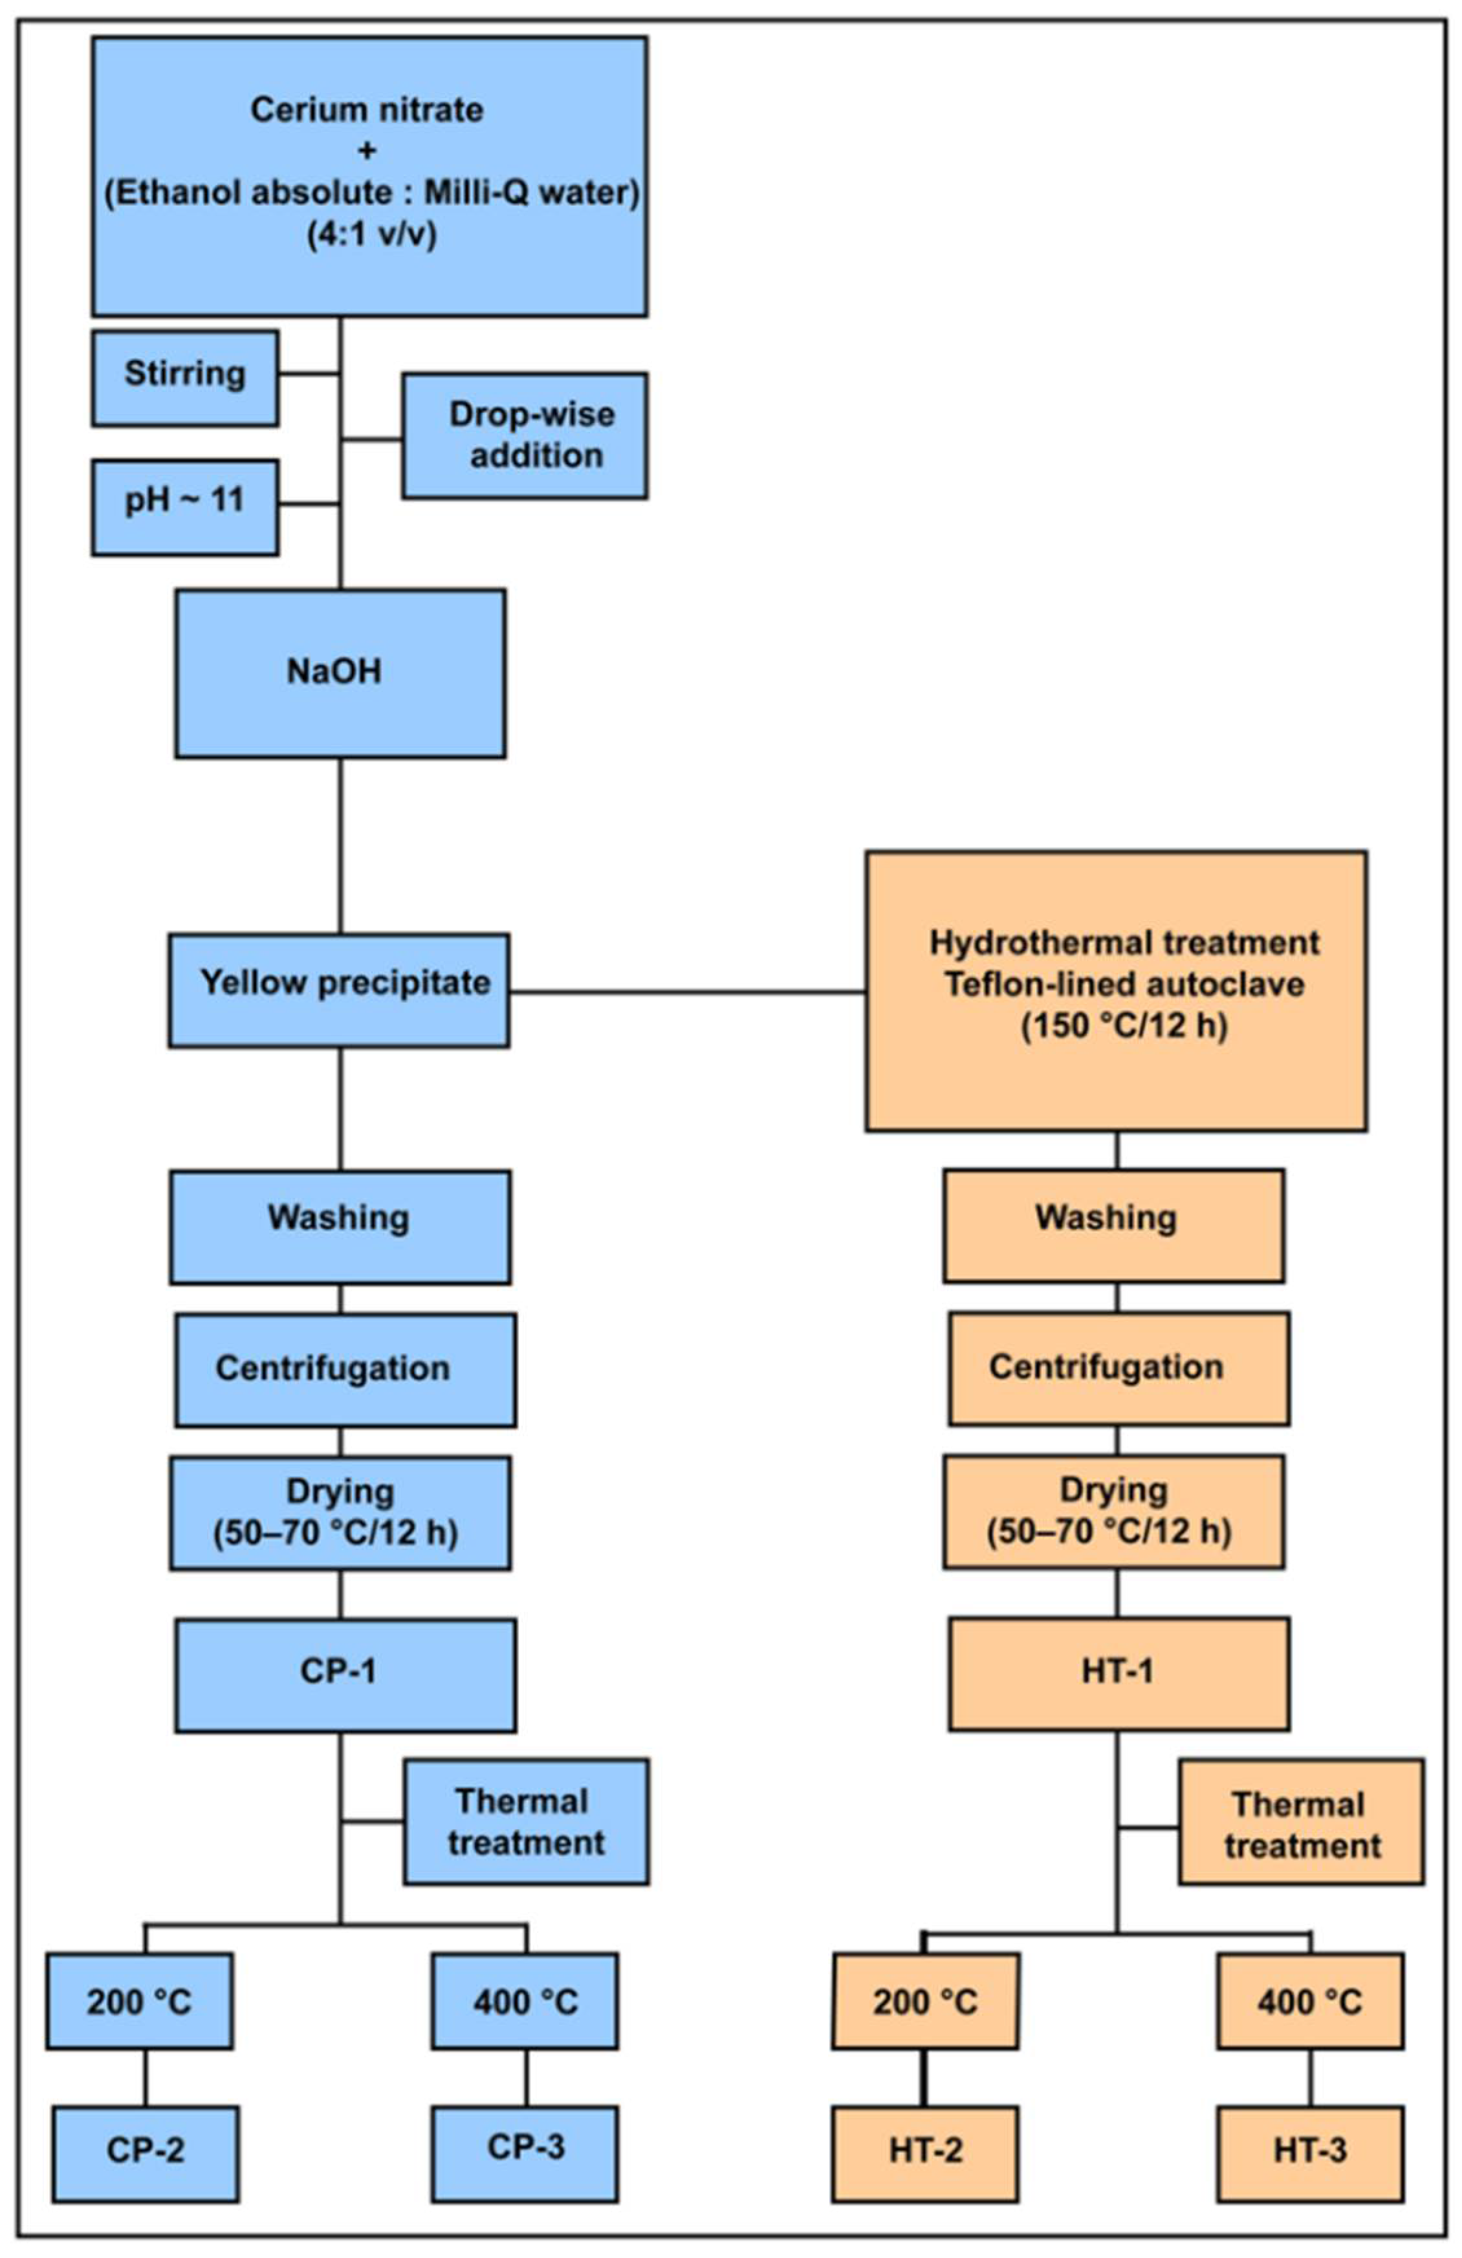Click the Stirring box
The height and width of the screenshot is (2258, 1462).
(x=185, y=378)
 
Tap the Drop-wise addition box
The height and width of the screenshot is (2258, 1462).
(x=525, y=435)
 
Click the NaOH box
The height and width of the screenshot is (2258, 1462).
(x=340, y=673)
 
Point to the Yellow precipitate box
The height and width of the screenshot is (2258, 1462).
(x=339, y=990)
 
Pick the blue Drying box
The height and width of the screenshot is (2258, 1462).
(x=340, y=1512)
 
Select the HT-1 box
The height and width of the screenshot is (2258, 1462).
(x=1118, y=1673)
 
